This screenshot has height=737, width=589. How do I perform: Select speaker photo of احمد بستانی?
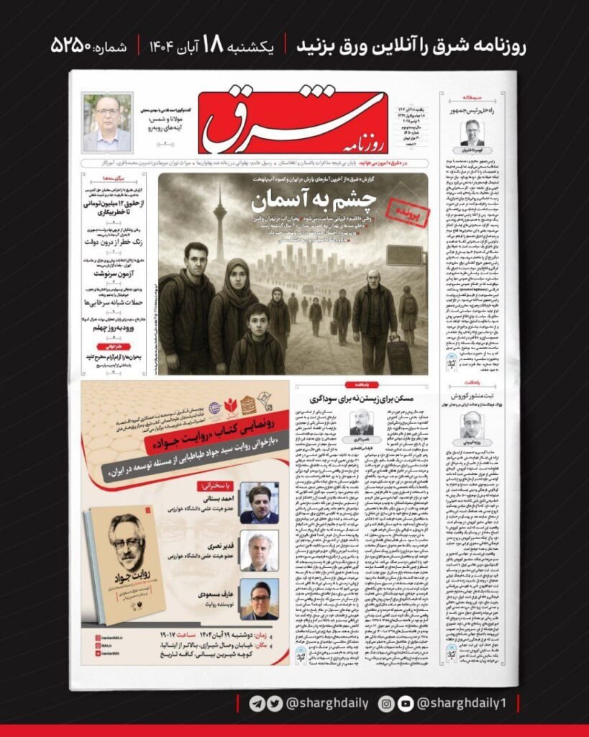[x=259, y=502]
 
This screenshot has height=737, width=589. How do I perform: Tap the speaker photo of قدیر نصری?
[x=259, y=551]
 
